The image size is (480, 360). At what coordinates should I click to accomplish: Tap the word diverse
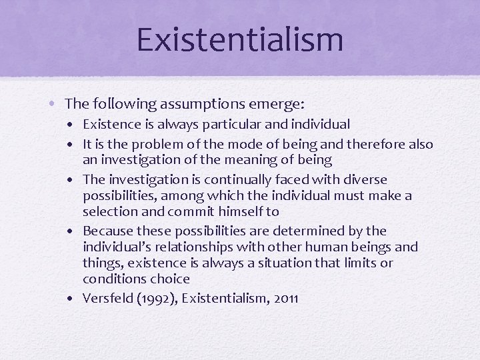363,180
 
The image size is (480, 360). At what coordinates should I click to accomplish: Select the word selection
107,211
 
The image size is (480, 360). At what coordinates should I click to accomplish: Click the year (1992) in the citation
153,299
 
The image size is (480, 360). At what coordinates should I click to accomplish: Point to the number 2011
285,299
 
